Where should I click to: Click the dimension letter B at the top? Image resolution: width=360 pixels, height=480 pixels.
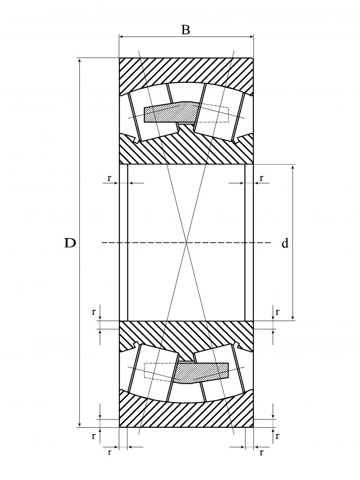click(x=185, y=30)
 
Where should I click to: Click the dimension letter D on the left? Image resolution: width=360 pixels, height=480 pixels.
click(x=70, y=243)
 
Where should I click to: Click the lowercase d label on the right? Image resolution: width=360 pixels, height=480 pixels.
click(x=285, y=244)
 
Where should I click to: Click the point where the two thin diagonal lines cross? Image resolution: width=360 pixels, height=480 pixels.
click(x=186, y=243)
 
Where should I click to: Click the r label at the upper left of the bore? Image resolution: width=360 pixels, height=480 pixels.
click(x=109, y=178)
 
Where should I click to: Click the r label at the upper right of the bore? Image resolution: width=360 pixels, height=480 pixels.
click(x=261, y=178)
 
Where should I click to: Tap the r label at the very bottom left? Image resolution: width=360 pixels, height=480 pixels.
click(x=109, y=452)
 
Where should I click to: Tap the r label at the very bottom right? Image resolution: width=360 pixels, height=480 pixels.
click(x=261, y=452)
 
